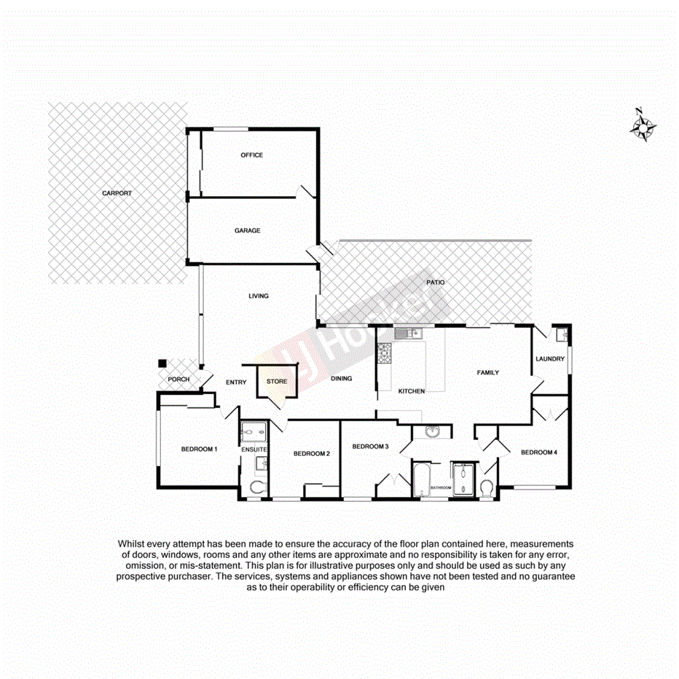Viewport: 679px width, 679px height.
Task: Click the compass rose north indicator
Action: [643, 127]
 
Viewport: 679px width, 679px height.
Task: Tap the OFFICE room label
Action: [251, 155]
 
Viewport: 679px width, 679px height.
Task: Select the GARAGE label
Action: [247, 231]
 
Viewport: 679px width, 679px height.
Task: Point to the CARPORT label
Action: [117, 193]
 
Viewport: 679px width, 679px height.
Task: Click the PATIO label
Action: [435, 282]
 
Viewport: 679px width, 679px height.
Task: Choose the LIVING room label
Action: [258, 296]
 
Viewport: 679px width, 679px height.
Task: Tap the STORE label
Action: [277, 382]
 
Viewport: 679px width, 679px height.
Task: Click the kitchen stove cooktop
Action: [384, 354]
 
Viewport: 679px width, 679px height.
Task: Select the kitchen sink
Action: [405, 334]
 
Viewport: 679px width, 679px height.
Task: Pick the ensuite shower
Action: [254, 432]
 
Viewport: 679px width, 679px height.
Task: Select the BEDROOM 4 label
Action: [538, 452]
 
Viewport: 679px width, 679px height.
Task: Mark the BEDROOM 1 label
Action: [199, 450]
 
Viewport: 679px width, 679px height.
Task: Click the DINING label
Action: [341, 379]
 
